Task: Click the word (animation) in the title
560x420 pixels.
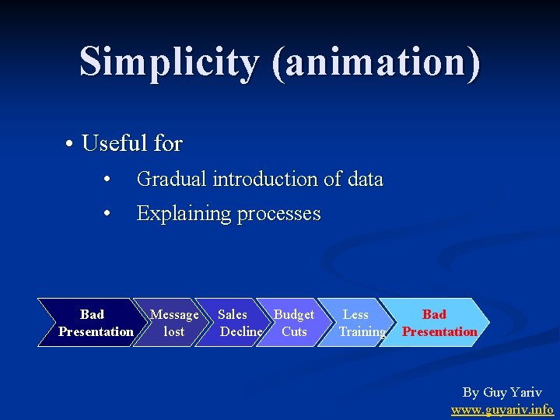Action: (x=376, y=62)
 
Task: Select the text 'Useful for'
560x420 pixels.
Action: (x=131, y=144)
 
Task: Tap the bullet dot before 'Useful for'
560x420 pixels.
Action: (x=70, y=145)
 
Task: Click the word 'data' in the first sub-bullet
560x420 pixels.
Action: (x=365, y=180)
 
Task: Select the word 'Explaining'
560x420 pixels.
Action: (x=182, y=214)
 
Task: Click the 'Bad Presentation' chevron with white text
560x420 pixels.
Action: (x=92, y=323)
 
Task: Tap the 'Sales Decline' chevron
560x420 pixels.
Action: (x=236, y=323)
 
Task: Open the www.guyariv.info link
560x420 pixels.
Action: (x=502, y=409)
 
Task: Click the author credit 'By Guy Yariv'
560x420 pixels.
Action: (x=502, y=393)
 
